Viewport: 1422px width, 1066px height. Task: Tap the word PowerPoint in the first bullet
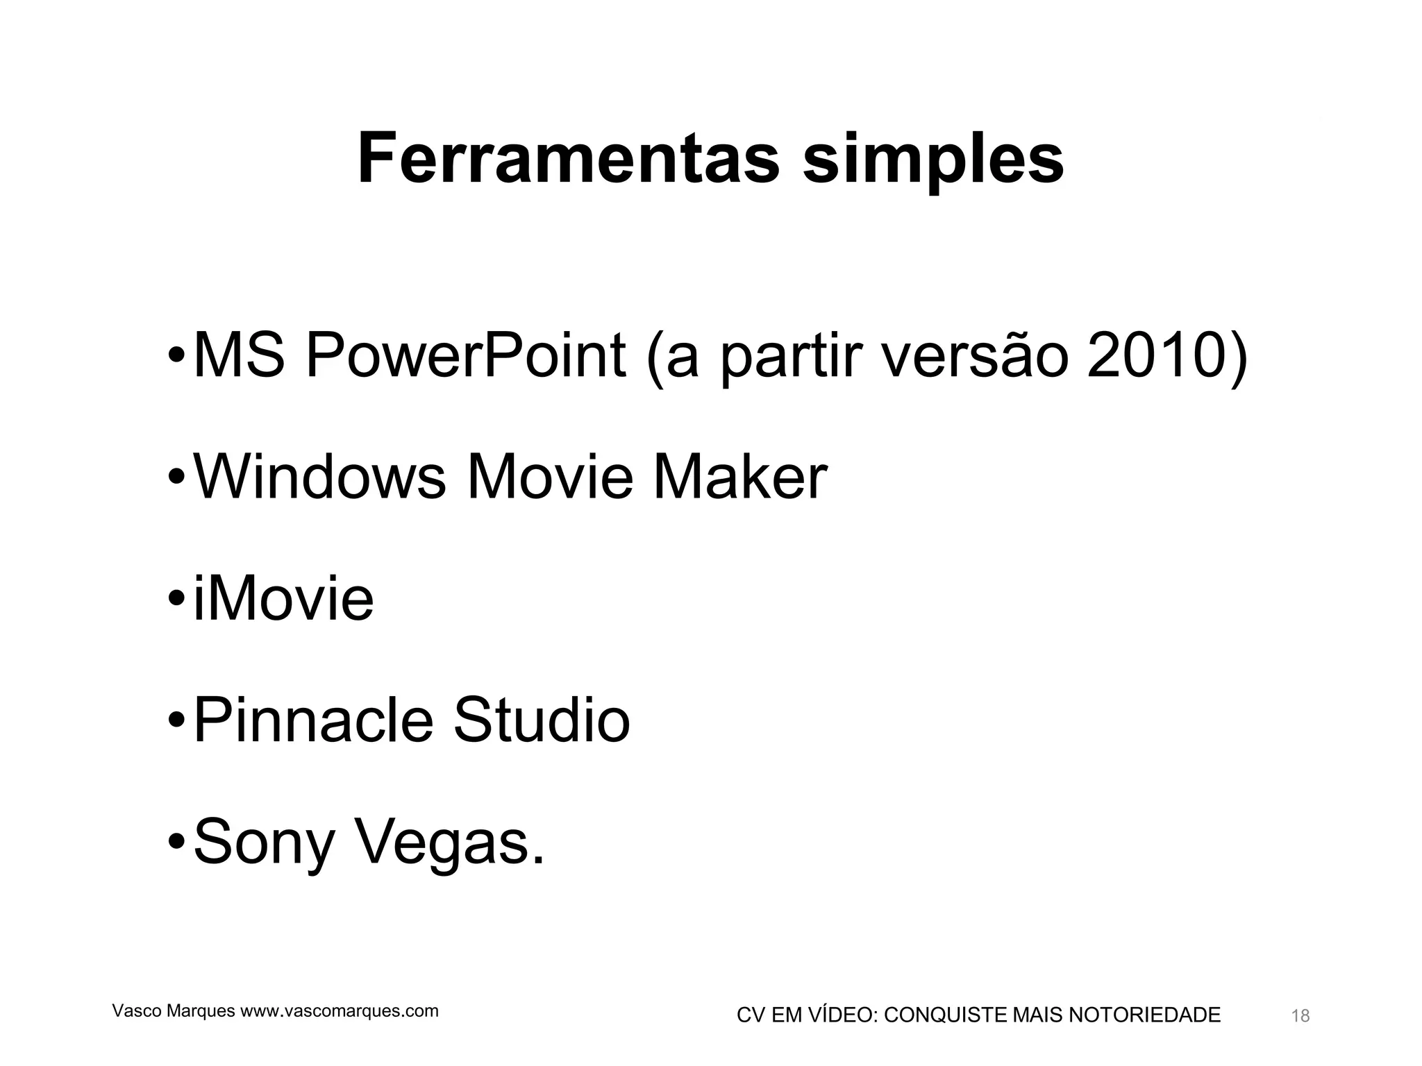(x=465, y=356)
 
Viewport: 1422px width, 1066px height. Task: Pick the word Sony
(x=264, y=843)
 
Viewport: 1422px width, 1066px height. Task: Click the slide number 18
(x=1300, y=1016)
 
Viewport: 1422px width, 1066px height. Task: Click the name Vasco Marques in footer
(x=174, y=1011)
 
